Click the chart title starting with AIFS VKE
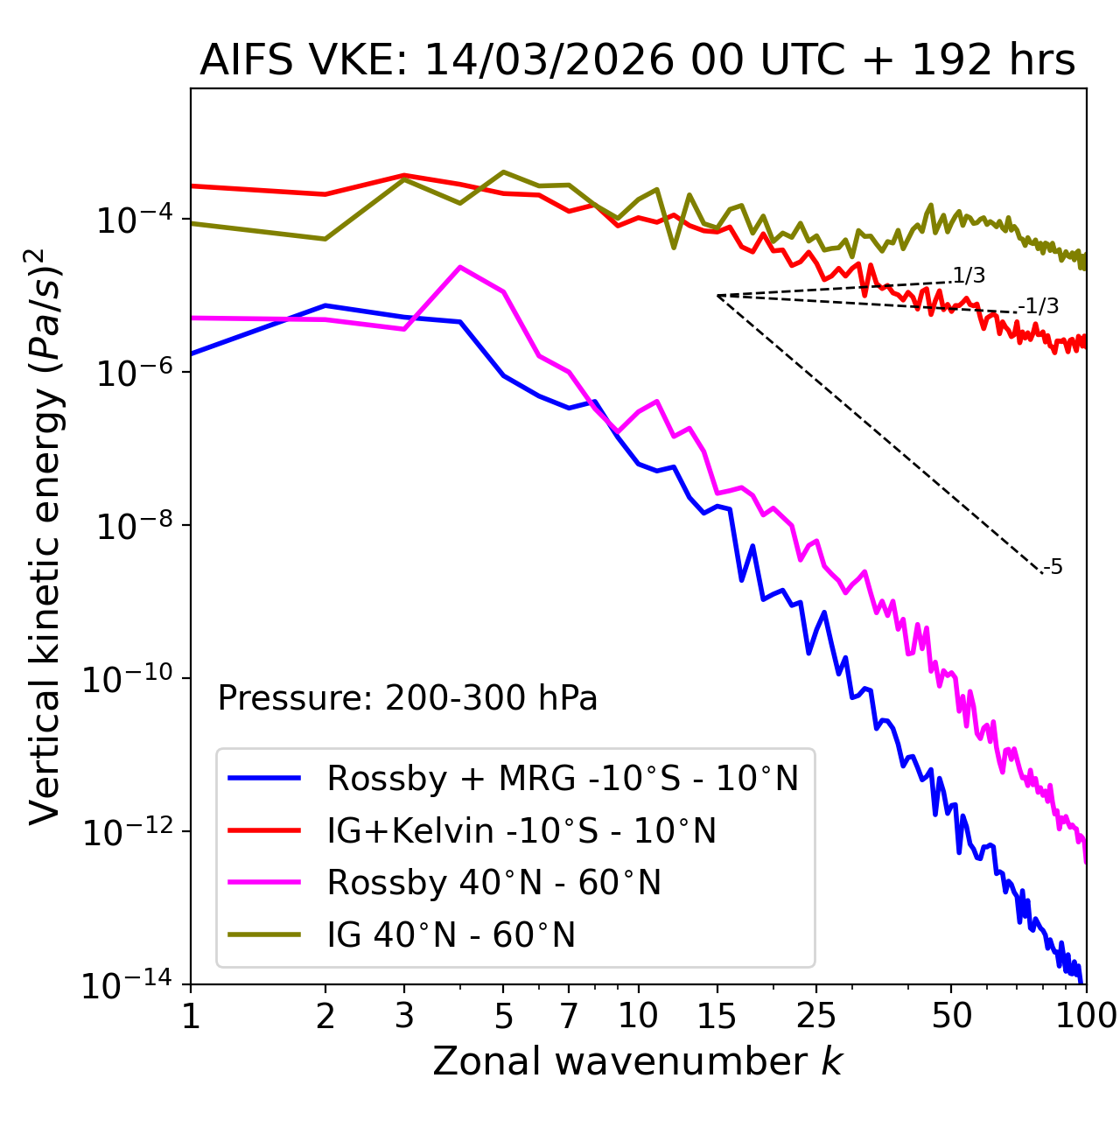click(637, 61)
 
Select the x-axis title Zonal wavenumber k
click(637, 1061)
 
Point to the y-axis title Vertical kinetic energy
click(45, 535)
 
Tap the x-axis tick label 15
click(717, 1016)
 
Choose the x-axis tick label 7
click(569, 1016)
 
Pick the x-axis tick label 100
click(1085, 1016)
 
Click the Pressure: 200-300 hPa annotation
click(408, 698)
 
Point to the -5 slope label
click(1053, 568)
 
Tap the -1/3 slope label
click(1039, 306)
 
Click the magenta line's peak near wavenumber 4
click(460, 267)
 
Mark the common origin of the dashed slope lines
click(717, 296)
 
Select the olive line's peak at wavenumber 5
click(503, 171)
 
